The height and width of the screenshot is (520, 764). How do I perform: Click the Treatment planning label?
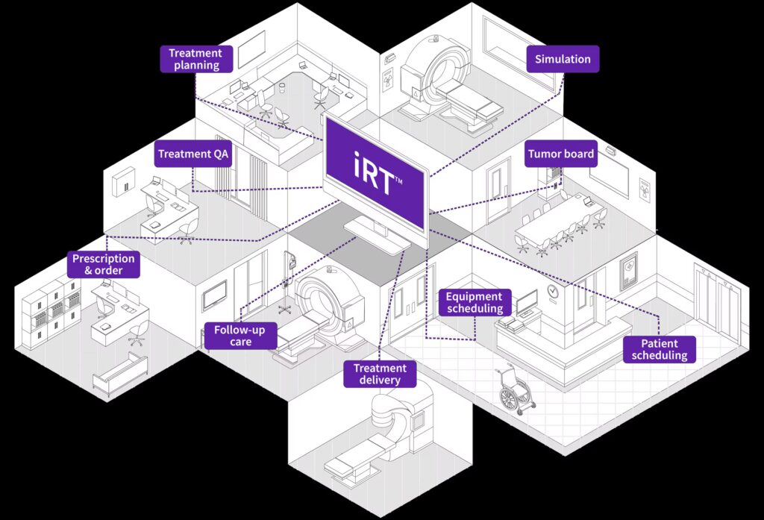[x=196, y=59]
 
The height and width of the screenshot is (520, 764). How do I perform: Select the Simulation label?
[x=563, y=59]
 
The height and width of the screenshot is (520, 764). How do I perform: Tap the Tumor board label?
[x=561, y=154]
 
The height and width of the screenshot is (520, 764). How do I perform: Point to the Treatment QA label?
[x=193, y=154]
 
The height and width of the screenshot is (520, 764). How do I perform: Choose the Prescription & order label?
[x=104, y=265]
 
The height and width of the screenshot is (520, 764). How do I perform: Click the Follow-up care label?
[x=241, y=336]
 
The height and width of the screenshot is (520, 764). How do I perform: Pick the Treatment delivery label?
[x=380, y=375]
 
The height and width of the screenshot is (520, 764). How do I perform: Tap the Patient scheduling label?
[x=660, y=349]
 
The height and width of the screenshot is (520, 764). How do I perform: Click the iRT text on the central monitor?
[x=375, y=175]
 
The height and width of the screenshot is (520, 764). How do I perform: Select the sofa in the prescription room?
[x=120, y=373]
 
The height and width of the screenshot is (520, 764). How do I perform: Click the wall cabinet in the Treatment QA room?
[x=123, y=182]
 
